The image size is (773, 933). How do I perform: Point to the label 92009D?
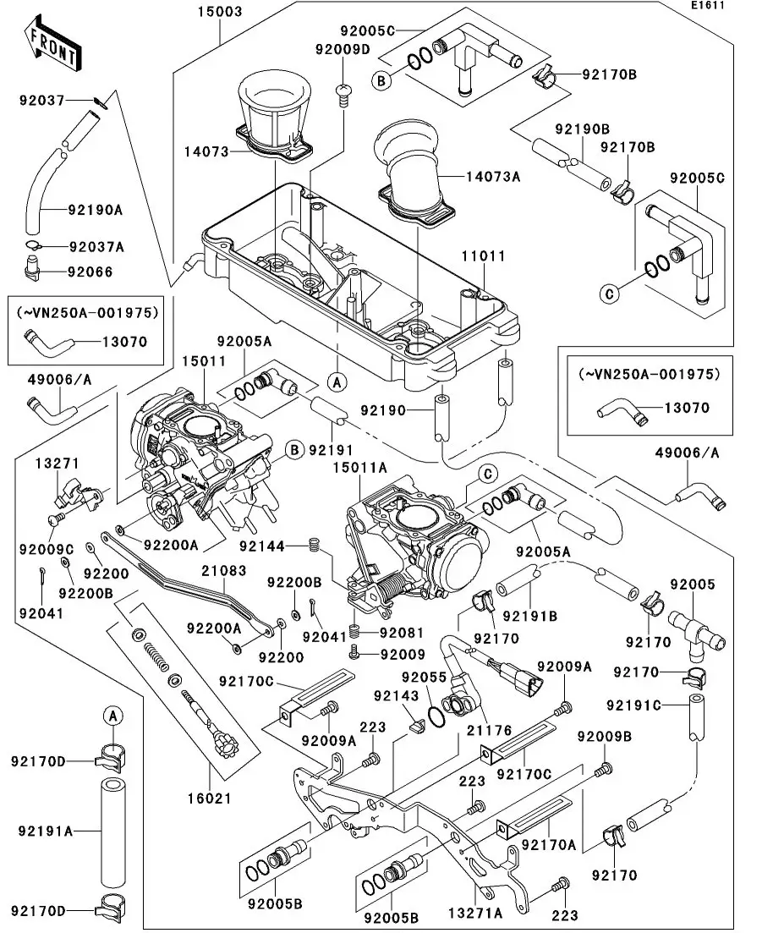click(343, 49)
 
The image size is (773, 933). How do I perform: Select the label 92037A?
click(96, 247)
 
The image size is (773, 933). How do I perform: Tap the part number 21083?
click(223, 571)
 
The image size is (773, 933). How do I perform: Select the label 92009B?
click(605, 736)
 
